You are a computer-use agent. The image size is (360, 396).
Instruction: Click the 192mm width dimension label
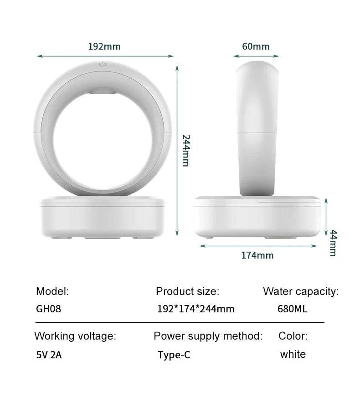point(104,46)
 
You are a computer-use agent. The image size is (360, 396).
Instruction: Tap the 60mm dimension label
point(256,46)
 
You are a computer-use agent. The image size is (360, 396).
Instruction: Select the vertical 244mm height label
point(185,150)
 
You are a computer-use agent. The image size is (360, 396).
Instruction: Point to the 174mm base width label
point(257,255)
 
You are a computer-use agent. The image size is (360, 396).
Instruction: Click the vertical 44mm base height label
point(333,243)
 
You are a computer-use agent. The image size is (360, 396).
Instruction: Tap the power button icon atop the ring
point(103,64)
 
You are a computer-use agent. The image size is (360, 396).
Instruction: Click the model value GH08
point(48,309)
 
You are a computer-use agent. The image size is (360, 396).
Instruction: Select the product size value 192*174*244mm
point(195,309)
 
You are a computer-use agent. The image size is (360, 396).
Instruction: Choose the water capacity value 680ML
point(292,309)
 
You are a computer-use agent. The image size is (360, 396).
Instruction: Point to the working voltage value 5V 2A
point(49,355)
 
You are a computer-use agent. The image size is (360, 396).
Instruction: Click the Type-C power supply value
point(174,355)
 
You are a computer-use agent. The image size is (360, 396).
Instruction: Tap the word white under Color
point(293,354)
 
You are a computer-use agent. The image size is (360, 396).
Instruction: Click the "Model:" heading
point(52,291)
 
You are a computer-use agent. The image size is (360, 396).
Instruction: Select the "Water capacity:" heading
point(301,291)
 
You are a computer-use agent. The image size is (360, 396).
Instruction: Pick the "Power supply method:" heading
point(208,336)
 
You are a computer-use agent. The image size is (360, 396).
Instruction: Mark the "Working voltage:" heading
point(75,336)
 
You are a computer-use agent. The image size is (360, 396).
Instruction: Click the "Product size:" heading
point(187,291)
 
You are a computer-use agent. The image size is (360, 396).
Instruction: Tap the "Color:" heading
point(293,336)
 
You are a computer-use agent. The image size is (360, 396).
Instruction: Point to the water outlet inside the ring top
point(103,92)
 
